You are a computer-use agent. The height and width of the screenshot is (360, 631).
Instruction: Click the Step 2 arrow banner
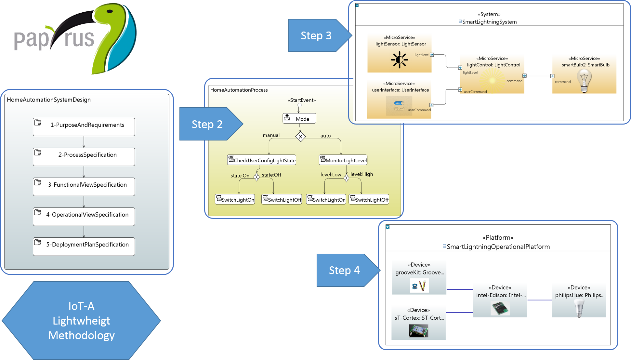(x=207, y=124)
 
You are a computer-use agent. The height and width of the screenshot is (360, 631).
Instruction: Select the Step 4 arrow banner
(x=344, y=270)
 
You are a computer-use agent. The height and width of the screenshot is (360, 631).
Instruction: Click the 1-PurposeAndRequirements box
(x=84, y=127)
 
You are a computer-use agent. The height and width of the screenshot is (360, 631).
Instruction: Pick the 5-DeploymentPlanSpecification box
(x=84, y=247)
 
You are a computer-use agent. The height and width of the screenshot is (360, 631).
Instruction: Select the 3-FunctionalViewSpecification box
(x=84, y=187)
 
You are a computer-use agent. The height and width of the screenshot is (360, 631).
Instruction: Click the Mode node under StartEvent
(x=299, y=119)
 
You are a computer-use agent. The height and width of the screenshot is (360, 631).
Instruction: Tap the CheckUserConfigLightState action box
(x=262, y=160)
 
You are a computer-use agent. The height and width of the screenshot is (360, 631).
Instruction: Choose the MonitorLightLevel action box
(x=343, y=160)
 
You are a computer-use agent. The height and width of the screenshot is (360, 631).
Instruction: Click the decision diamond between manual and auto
(x=300, y=137)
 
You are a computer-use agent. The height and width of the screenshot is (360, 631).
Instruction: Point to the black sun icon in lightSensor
(x=399, y=60)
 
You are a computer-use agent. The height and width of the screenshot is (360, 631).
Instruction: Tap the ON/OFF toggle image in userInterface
(x=399, y=106)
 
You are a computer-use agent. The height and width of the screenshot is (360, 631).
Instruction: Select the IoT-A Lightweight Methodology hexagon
(x=81, y=321)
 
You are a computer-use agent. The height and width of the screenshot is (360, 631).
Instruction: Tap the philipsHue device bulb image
(x=579, y=308)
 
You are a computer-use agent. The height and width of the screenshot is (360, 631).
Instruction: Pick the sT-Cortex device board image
(x=418, y=331)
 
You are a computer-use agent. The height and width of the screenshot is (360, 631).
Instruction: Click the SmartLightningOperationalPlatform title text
(x=498, y=247)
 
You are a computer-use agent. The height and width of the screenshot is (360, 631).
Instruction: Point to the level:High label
(x=362, y=174)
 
